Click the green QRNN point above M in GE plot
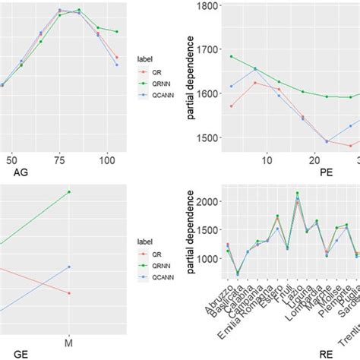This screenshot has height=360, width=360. click(x=69, y=192)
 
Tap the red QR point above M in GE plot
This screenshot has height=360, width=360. click(x=69, y=293)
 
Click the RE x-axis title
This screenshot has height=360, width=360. click(x=325, y=352)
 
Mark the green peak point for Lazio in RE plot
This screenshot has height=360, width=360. click(x=297, y=193)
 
